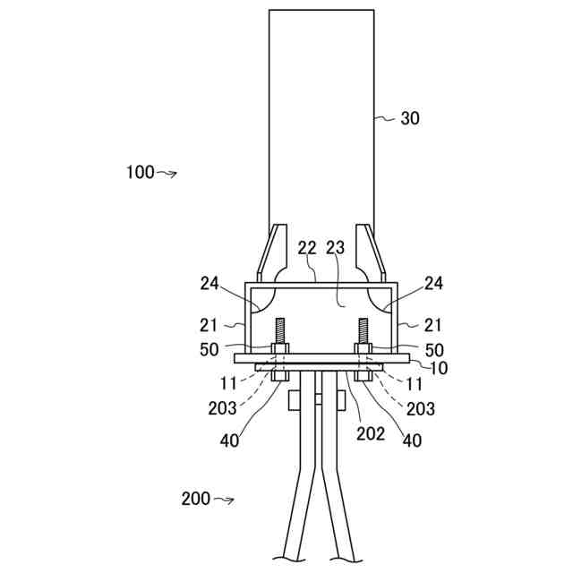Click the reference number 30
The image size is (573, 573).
click(410, 117)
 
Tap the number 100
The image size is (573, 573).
click(140, 173)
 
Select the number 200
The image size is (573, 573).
click(196, 499)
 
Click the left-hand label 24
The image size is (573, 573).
click(210, 284)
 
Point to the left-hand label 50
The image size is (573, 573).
click(210, 349)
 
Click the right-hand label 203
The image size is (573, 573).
click(420, 408)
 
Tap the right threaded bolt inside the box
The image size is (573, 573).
click(364, 333)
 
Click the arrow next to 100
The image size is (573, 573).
click(167, 174)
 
